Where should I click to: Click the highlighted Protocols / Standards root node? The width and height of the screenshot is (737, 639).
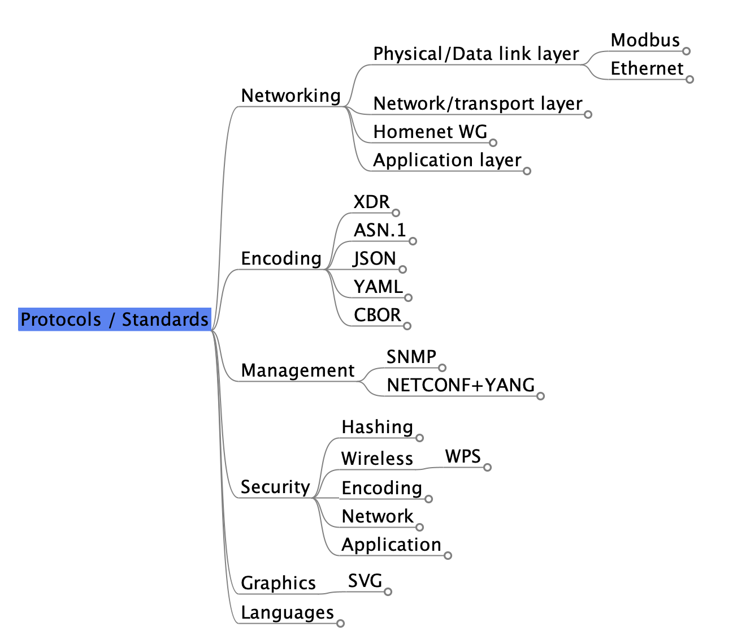click(x=114, y=319)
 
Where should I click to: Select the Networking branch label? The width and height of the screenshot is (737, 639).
click(x=291, y=96)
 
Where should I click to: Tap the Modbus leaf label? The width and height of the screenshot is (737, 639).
click(x=645, y=40)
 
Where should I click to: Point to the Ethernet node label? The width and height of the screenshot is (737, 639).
click(x=647, y=68)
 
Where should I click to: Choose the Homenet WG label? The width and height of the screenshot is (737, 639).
click(x=430, y=132)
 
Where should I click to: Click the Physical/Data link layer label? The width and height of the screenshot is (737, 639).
click(x=476, y=54)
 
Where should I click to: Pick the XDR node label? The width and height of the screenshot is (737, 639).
click(x=371, y=202)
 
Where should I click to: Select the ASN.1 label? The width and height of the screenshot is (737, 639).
click(x=379, y=230)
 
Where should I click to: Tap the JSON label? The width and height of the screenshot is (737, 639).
click(x=375, y=258)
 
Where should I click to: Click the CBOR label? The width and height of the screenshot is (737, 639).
click(x=377, y=315)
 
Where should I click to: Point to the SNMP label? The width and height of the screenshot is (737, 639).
click(x=411, y=357)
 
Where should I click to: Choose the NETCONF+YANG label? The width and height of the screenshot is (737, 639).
click(x=460, y=385)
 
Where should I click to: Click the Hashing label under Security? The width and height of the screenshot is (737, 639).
click(x=377, y=427)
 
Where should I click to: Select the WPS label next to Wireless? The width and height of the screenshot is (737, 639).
click(x=462, y=456)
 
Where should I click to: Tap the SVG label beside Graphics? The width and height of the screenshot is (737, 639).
click(x=365, y=581)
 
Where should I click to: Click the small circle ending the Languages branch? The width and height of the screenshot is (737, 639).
click(x=340, y=623)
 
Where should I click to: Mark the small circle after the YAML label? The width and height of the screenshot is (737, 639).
click(x=408, y=297)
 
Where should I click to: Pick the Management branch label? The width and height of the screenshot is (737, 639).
click(x=297, y=370)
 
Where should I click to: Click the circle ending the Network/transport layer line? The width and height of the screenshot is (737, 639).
click(x=588, y=114)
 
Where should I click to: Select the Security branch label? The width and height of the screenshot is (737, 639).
click(x=275, y=487)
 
